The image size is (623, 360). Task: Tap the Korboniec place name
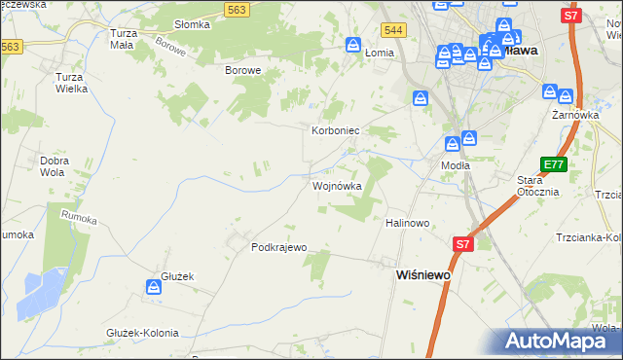336,129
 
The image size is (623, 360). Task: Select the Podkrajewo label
279,247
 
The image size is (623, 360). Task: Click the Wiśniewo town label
423,275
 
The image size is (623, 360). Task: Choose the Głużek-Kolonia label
142,333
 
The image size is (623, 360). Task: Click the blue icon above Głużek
154,287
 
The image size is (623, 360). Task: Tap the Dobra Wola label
54,166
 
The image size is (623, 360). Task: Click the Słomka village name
191,24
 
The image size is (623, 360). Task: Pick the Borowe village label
243,71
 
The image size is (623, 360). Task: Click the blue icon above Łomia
353,45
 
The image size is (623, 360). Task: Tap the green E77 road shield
554,165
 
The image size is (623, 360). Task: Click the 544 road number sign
393,31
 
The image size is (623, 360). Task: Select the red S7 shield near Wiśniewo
462,244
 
